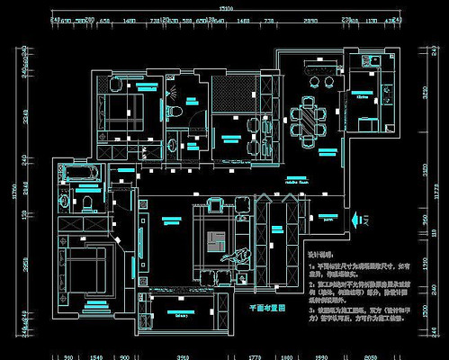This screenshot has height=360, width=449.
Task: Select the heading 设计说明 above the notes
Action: point(321,255)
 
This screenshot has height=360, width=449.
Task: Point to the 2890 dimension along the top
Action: point(310,18)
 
